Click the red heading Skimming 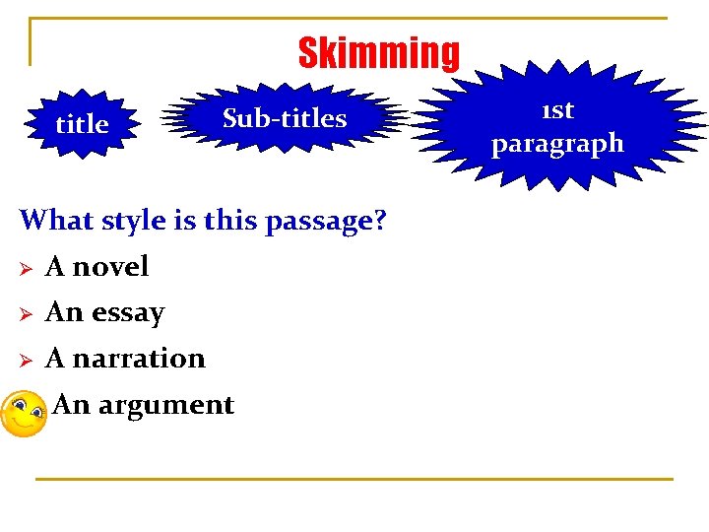point(378,53)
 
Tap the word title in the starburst point(82,125)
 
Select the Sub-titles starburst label point(285,118)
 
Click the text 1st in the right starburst point(556,109)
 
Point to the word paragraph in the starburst point(557,144)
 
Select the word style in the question point(130,221)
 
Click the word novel point(110,266)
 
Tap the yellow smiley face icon point(23,415)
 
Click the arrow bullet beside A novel point(28,268)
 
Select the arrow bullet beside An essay point(28,314)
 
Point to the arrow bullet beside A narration point(28,360)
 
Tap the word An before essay point(64,312)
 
